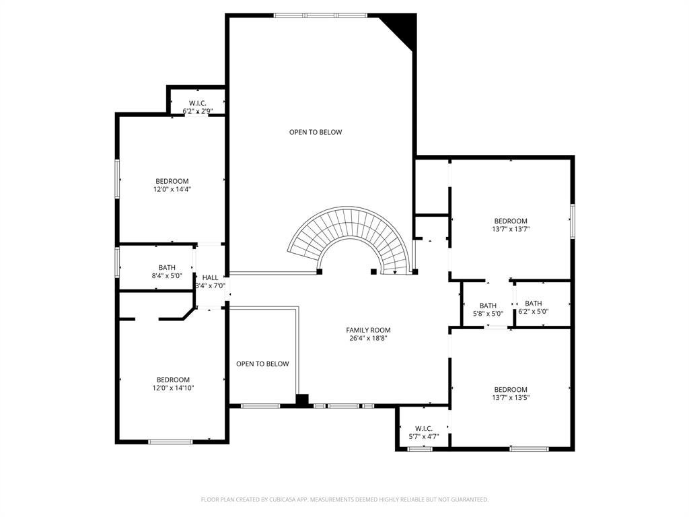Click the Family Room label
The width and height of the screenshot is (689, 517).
368,330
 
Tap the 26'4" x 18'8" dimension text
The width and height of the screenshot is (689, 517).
368,339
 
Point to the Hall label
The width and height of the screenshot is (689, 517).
210,277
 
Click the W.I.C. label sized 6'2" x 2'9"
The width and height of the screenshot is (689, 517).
198,103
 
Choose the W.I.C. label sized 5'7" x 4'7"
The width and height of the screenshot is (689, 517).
424,428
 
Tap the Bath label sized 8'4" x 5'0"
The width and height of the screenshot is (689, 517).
167,267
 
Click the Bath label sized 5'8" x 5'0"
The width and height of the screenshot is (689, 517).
488,306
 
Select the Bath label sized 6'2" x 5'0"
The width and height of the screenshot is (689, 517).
534,304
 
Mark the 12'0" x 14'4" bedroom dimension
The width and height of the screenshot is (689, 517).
172,189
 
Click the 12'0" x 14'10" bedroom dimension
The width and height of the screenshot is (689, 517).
173,388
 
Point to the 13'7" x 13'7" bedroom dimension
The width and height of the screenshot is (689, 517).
511,229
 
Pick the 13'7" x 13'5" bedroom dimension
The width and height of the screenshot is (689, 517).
511,397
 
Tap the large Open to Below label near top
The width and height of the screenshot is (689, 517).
316,132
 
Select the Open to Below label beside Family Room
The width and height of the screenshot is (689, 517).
262,364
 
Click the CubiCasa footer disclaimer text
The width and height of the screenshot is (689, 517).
344,499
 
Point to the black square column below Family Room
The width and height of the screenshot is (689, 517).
302,400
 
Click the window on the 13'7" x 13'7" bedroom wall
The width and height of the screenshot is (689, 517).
573,221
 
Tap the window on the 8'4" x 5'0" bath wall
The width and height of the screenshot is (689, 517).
117,263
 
